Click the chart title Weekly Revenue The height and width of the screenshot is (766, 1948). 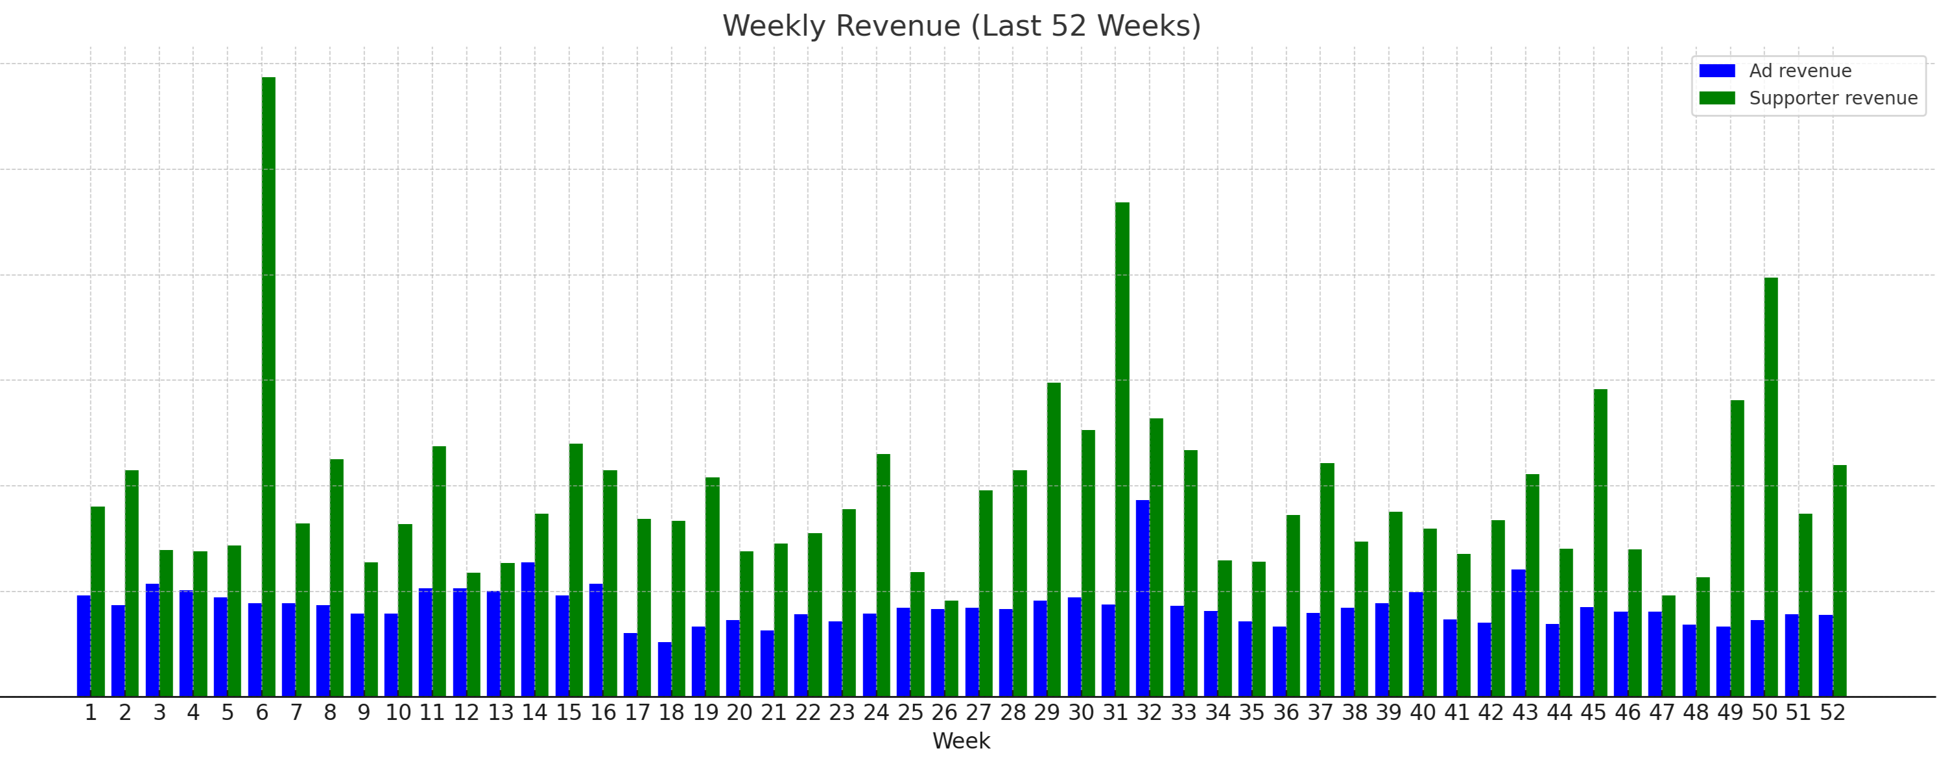(x=961, y=27)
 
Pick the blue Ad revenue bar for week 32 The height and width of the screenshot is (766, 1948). (x=1143, y=597)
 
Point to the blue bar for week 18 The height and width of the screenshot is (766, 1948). (x=665, y=669)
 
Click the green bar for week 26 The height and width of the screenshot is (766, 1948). (x=951, y=648)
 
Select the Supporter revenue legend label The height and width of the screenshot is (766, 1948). (x=1833, y=99)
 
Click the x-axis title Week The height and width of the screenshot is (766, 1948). (x=961, y=741)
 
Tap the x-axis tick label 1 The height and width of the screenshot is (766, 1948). (x=91, y=713)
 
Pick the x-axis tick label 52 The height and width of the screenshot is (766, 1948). (x=1833, y=713)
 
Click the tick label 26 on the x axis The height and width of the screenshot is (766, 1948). (x=944, y=713)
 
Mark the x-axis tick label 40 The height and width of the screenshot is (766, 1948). (x=1423, y=713)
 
